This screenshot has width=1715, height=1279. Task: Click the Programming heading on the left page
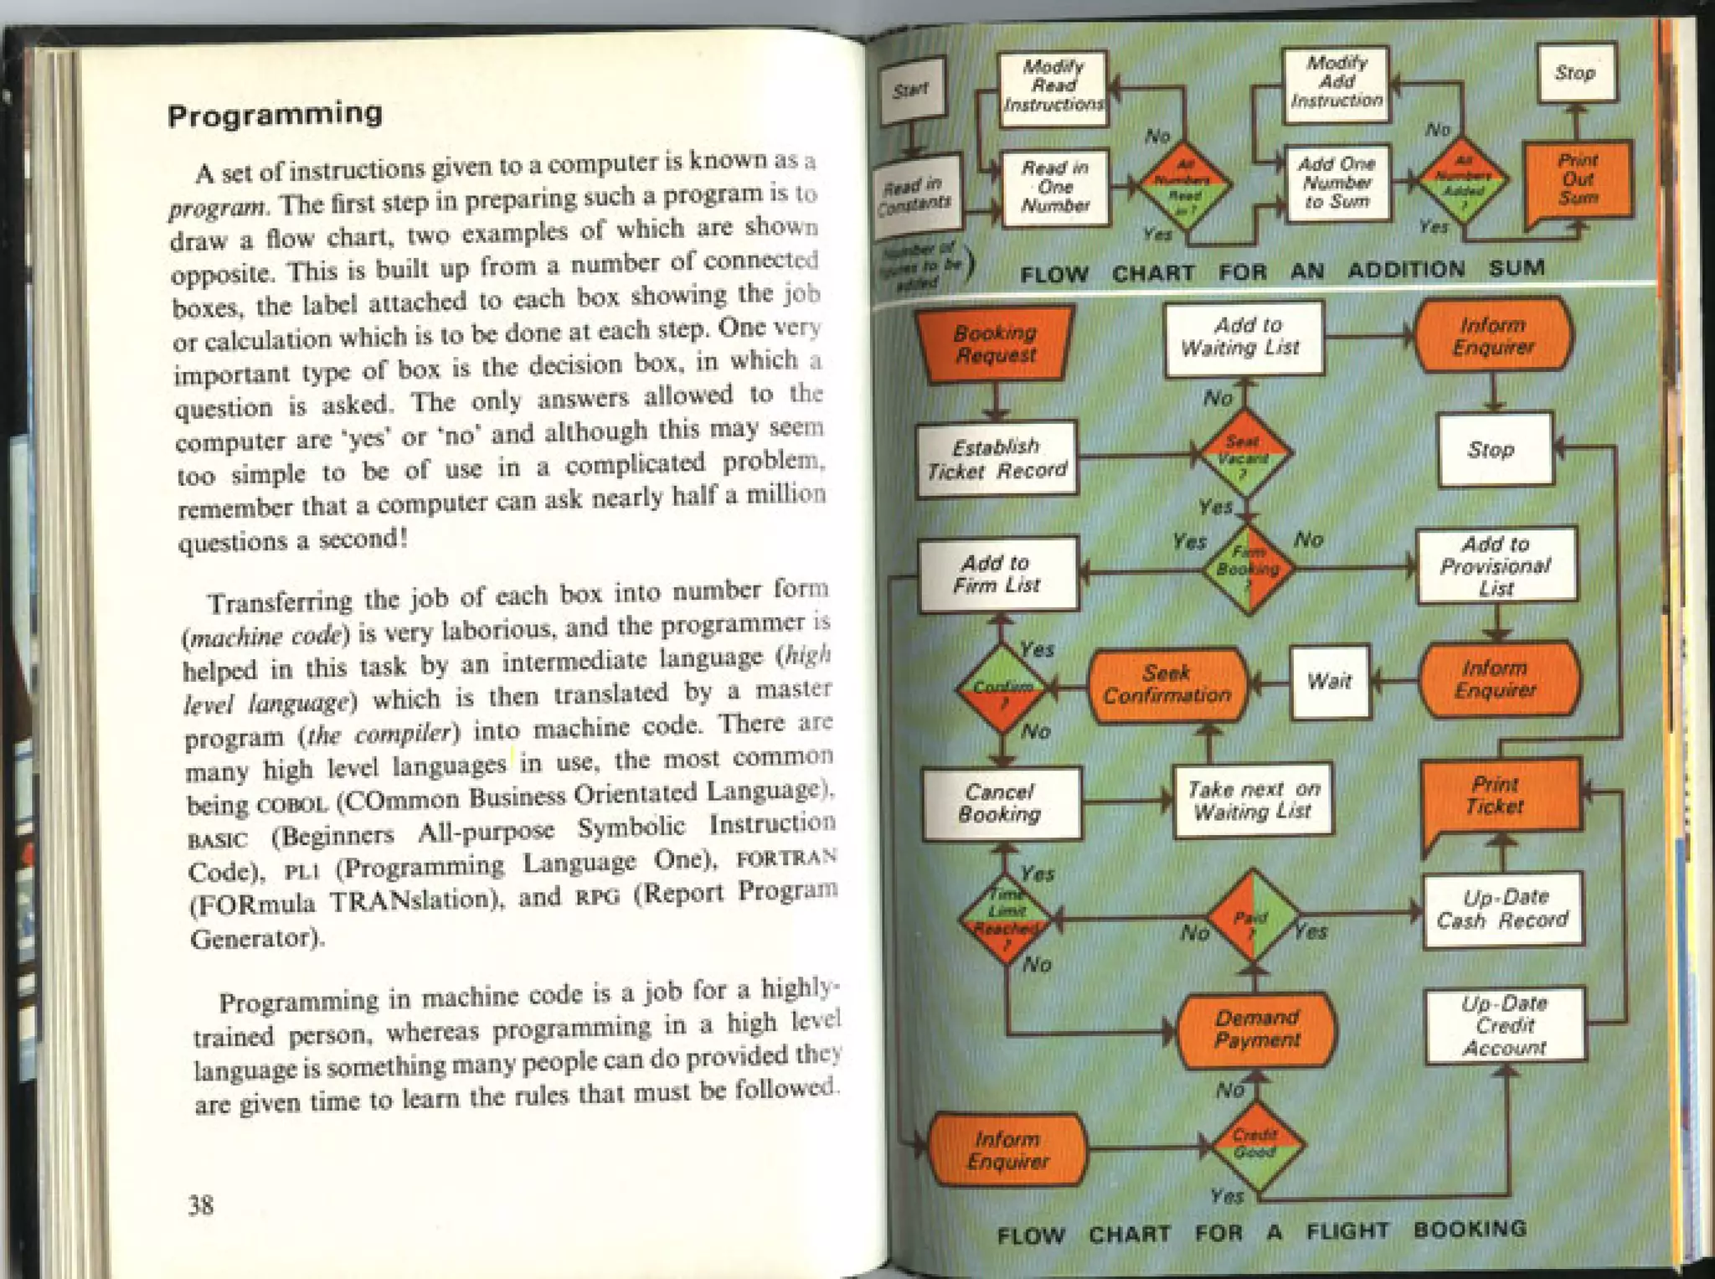coord(275,114)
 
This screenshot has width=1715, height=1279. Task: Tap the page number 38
coord(201,1204)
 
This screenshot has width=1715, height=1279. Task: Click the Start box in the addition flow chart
coord(911,89)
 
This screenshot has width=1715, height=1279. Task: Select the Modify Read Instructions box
coord(1053,87)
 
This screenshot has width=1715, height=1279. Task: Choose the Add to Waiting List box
coord(1243,338)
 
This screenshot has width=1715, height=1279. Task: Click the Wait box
coord(1330,681)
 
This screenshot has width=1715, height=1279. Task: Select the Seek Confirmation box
coord(1167,684)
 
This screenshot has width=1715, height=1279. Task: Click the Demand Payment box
coord(1256,1029)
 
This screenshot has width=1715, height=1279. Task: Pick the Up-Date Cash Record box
coord(1503,909)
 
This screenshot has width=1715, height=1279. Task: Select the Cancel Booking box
coord(1001,803)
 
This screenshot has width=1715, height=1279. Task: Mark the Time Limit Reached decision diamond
coord(1005,919)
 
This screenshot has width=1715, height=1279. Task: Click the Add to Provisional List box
coord(1496,565)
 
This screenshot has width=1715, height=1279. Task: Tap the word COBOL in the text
coord(290,805)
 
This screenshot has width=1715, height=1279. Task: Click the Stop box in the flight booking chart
coord(1493,450)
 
